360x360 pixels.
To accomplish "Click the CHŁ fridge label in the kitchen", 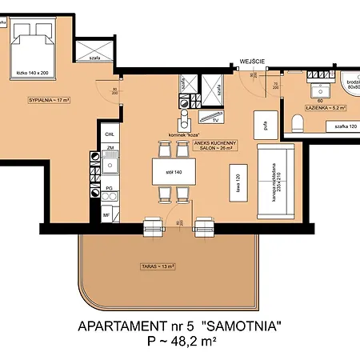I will (x=108, y=134).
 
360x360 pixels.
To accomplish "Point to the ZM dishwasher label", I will (x=108, y=149).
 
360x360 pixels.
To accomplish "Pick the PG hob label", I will (x=108, y=188).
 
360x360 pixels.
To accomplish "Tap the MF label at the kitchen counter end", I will (x=106, y=214).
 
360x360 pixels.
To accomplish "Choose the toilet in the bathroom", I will (x=298, y=122).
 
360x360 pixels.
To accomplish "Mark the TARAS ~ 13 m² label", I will (x=154, y=266).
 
